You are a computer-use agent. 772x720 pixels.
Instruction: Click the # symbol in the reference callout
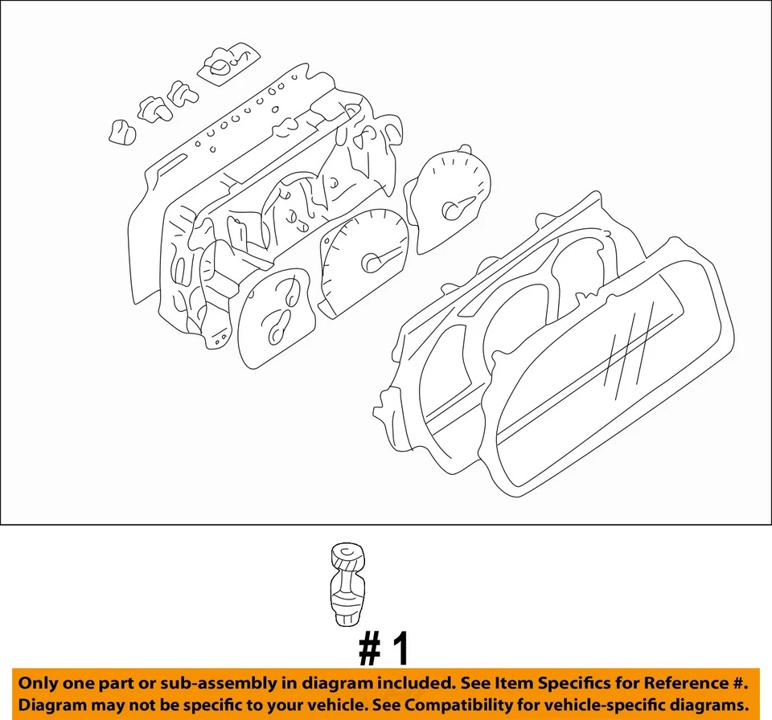click(x=369, y=649)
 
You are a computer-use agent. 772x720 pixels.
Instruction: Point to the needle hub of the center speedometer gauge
click(x=372, y=262)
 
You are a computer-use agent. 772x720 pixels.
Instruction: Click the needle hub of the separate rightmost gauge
click(x=451, y=211)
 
